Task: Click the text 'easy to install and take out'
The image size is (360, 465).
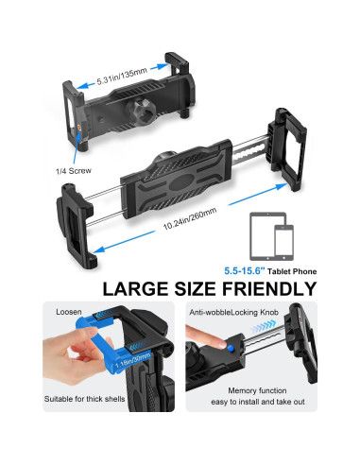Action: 260,429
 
